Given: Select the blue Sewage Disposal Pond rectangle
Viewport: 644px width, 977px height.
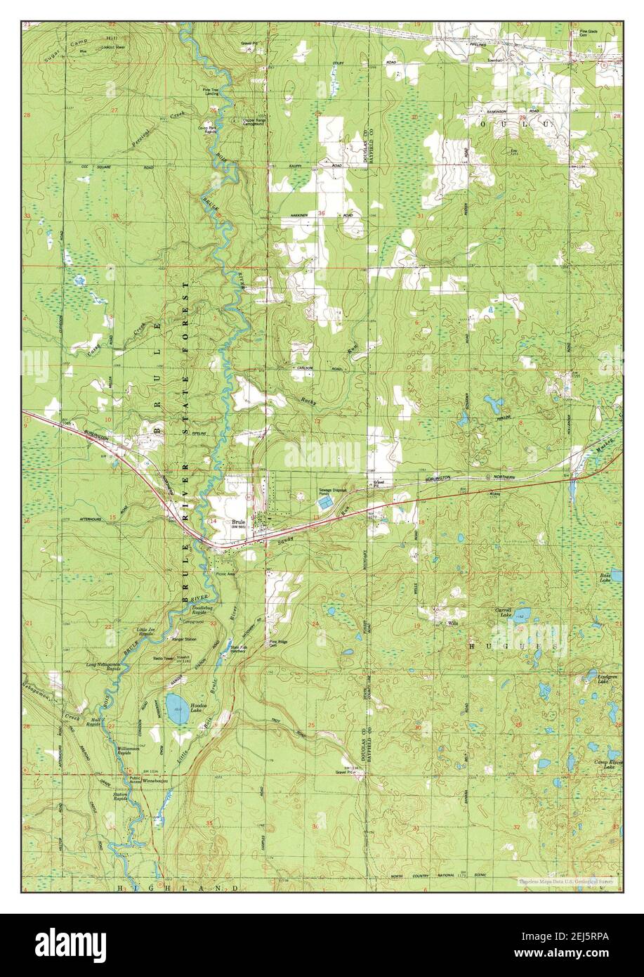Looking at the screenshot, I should coord(324,503).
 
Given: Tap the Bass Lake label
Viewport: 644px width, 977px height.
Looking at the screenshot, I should coord(605,578).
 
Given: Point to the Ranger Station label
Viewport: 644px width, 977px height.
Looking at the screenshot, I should coord(184,639).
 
